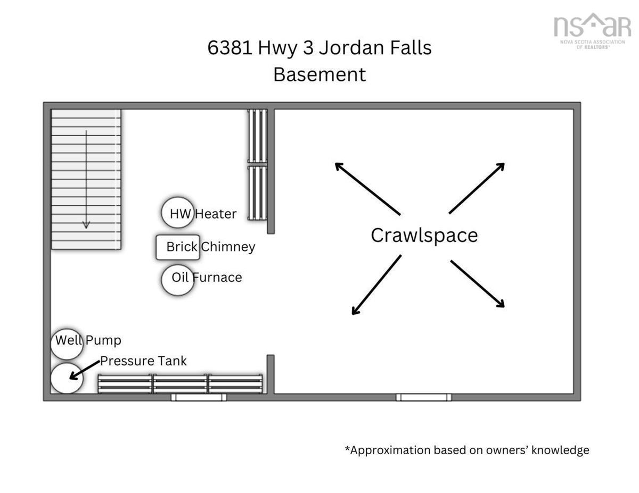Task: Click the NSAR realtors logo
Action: point(592,30)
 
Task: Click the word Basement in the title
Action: point(319,74)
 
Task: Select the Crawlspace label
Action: point(424,236)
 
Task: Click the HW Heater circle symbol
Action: point(178,213)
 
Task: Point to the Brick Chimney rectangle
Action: point(178,247)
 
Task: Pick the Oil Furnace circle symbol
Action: point(178,280)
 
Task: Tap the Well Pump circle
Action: point(67,344)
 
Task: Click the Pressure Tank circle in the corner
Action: point(67,378)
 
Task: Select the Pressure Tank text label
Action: point(143,361)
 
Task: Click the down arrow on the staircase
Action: point(86,179)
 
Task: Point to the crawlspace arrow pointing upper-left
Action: point(367,189)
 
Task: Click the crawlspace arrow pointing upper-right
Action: point(477,188)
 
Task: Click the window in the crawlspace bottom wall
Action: point(424,398)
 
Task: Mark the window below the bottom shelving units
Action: point(199,398)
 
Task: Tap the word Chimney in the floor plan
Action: point(228,247)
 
